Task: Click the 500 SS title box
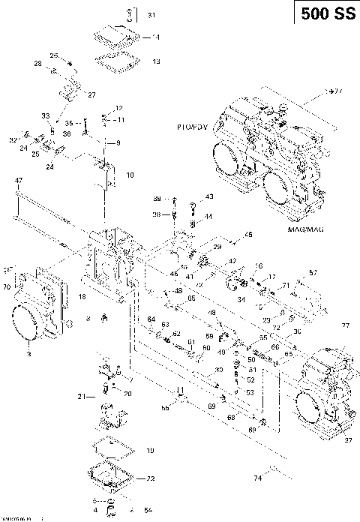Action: (x=325, y=14)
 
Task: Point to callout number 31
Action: (x=152, y=15)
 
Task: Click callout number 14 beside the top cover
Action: (x=155, y=36)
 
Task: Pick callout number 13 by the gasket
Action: (x=155, y=61)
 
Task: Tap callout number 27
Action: (x=91, y=95)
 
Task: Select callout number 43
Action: (x=208, y=196)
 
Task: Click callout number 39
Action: (x=157, y=199)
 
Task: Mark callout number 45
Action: (x=248, y=235)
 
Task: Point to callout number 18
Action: (x=81, y=298)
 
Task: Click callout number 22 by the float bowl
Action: (x=151, y=478)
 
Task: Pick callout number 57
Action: (x=313, y=272)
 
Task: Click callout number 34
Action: (x=241, y=299)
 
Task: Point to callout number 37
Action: (x=347, y=441)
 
